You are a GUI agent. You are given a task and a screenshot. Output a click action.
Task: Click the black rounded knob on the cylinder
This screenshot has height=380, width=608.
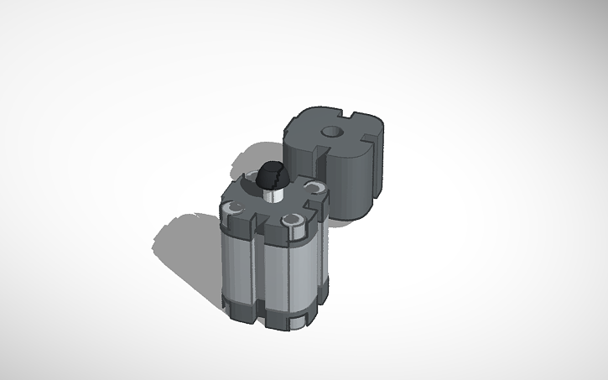pos(271,175)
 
